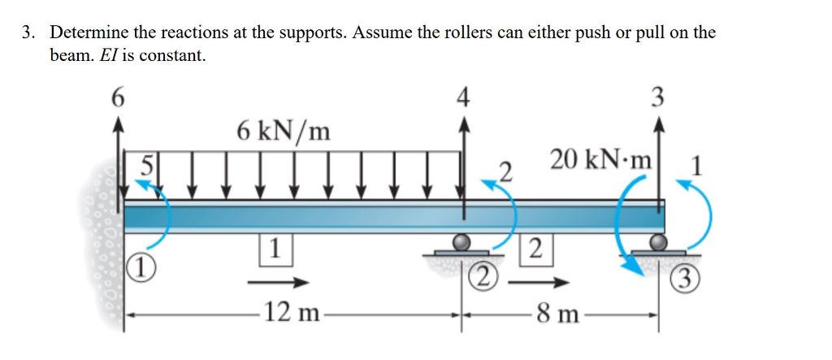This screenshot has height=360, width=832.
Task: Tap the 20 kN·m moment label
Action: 602,158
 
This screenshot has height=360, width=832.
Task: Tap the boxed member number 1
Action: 275,247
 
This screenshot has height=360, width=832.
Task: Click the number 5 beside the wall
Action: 145,164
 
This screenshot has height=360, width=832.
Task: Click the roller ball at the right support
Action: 658,242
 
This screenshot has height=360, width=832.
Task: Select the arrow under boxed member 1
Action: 278,282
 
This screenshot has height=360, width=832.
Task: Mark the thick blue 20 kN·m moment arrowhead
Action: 635,269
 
